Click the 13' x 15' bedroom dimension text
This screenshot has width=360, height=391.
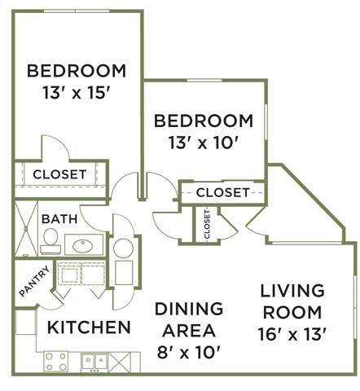(77, 93)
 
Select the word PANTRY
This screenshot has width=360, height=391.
(34, 281)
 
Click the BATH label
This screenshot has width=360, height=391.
(59, 219)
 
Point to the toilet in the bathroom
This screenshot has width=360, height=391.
(50, 241)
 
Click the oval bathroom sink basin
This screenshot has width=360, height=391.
(83, 246)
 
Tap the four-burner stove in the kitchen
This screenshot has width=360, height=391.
(56, 362)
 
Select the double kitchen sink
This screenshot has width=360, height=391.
(94, 362)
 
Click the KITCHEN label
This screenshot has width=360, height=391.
(89, 327)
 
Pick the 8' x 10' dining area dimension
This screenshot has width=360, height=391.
(188, 353)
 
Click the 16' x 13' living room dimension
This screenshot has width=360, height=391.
(292, 334)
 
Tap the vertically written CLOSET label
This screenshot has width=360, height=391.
(207, 224)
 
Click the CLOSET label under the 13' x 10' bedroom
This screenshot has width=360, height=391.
(223, 192)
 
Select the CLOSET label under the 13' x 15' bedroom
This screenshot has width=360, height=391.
(59, 174)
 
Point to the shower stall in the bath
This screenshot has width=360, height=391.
(26, 228)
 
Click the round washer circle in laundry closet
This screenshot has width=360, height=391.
(123, 248)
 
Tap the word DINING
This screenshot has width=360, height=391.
(189, 309)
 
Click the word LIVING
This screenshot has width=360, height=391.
(292, 291)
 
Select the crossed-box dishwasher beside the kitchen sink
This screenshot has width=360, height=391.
(120, 362)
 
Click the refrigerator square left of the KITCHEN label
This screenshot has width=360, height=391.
(25, 322)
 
